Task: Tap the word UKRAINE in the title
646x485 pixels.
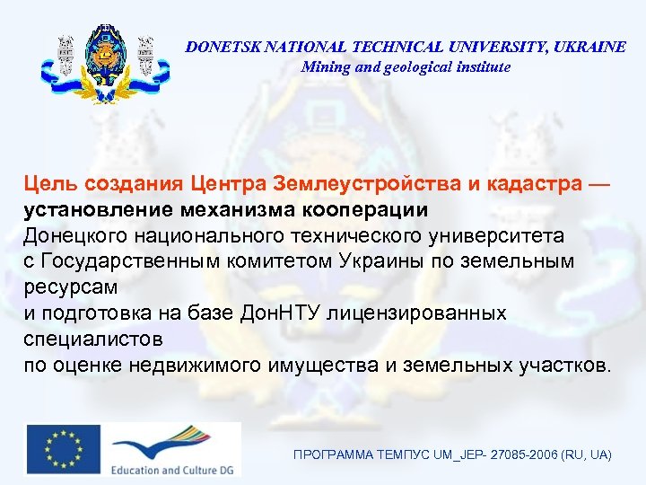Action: (593, 48)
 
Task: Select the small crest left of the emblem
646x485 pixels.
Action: (65, 56)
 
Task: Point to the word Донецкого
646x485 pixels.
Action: (74, 235)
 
